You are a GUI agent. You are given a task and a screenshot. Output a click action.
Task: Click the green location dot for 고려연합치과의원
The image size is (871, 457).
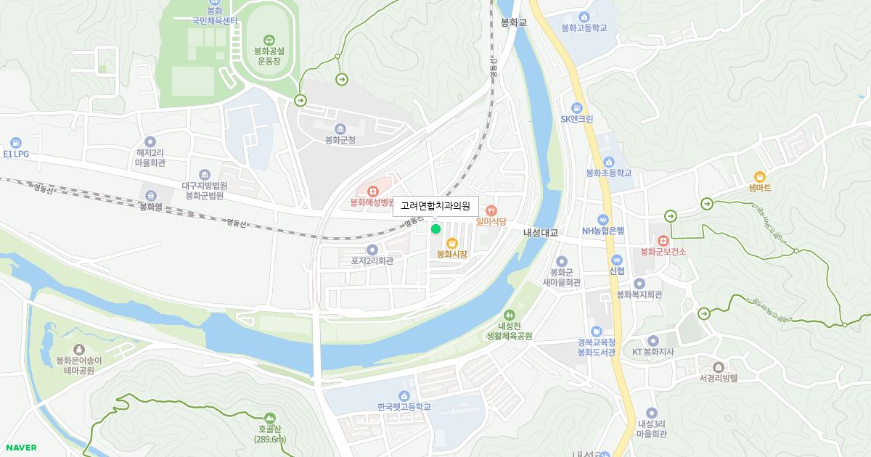(x=435, y=229)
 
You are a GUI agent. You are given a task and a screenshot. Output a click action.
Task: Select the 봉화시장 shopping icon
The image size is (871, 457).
(x=451, y=243)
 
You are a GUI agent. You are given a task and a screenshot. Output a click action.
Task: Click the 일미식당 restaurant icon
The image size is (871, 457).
(x=491, y=210)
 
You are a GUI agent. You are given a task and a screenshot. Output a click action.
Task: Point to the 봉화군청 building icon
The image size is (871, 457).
(x=340, y=128)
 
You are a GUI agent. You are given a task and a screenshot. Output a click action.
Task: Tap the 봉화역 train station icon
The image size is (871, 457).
(x=150, y=194)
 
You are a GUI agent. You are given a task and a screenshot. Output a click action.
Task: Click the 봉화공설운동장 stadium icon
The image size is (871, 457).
(x=268, y=40)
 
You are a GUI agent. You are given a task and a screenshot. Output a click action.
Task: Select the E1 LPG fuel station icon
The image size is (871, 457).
(x=16, y=143)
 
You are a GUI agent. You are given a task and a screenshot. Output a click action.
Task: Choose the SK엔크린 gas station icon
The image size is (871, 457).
(x=577, y=107)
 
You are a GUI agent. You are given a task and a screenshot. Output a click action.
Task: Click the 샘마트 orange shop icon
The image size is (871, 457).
(x=759, y=176)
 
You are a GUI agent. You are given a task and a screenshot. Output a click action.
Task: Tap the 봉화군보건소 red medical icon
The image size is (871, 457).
(x=662, y=240)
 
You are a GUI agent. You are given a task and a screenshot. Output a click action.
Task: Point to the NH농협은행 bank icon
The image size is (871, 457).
(x=602, y=220)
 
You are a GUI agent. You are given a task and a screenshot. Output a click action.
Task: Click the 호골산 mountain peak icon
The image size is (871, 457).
(x=270, y=418)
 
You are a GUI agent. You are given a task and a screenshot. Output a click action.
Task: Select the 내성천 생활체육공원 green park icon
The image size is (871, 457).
(x=509, y=315)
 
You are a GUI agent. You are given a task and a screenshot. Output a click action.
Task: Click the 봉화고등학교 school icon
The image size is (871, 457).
(x=584, y=17)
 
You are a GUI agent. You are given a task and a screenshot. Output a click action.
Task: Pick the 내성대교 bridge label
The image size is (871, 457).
(x=541, y=233)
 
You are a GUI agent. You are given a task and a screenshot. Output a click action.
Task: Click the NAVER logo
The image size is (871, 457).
(x=20, y=448)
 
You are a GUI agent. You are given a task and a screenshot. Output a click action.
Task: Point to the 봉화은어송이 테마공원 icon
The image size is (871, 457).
(x=78, y=350)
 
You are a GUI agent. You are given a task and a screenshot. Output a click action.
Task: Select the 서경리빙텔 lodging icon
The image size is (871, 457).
(x=718, y=367)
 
